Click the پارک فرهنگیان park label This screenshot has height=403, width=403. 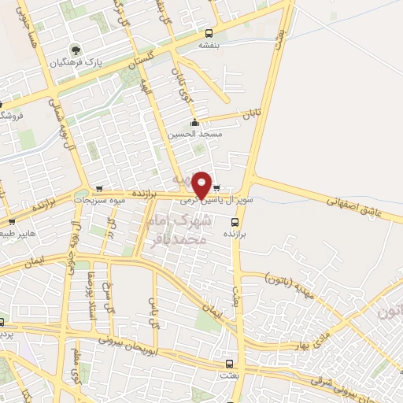tap(76, 61)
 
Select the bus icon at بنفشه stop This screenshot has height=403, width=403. tap(209, 33)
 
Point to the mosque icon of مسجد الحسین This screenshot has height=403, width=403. tap(194, 122)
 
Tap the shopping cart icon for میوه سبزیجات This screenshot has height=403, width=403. tap(99, 189)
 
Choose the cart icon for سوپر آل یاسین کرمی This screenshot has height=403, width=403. tap(217, 189)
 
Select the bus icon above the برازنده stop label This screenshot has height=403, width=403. tap(229, 223)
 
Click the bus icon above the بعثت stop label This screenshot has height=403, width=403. tap(230, 364)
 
